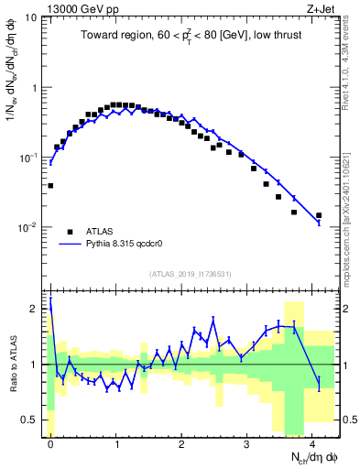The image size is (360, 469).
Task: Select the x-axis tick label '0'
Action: coord(50,444)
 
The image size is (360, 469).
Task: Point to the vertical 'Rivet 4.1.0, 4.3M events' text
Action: coord(351,73)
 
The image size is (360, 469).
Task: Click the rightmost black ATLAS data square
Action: coord(319,216)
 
